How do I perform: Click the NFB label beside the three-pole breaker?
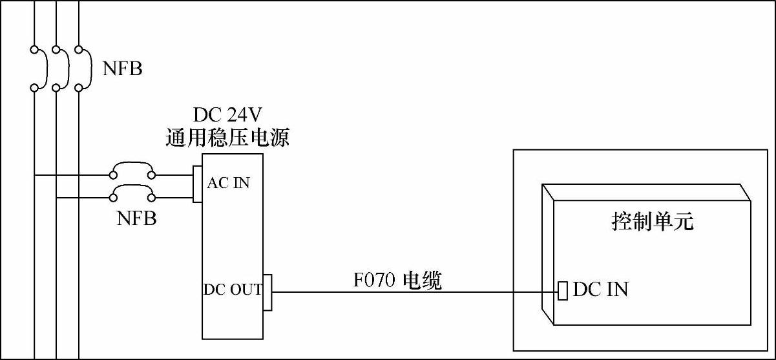click(x=123, y=68)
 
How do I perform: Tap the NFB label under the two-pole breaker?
click(x=136, y=218)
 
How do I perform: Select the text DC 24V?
click(x=227, y=115)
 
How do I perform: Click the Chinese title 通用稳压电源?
click(x=227, y=138)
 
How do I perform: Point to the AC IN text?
click(x=228, y=183)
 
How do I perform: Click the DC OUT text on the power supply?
click(x=233, y=290)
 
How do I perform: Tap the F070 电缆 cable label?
click(x=397, y=281)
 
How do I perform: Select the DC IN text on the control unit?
click(x=600, y=289)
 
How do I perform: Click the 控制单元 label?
click(x=652, y=222)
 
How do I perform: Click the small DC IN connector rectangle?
click(x=563, y=291)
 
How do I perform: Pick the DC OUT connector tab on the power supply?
click(x=267, y=291)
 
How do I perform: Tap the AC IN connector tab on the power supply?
click(x=198, y=184)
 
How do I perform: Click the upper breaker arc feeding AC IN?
click(x=132, y=167)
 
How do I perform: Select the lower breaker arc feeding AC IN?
click(x=132, y=189)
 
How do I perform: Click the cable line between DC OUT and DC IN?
click(x=414, y=291)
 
